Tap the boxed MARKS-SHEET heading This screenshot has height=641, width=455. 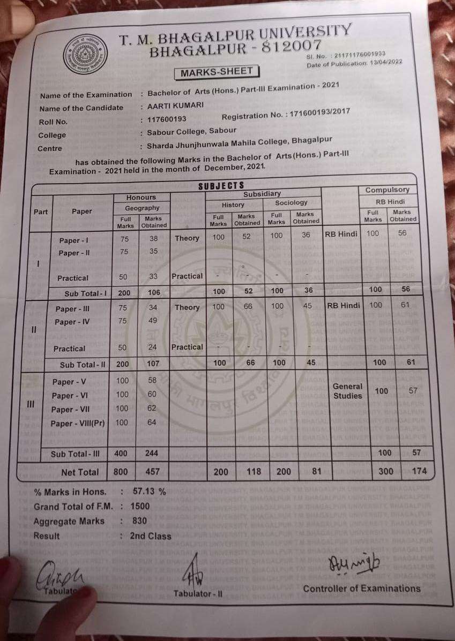pyautogui.click(x=217, y=72)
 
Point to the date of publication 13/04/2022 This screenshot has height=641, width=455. pyautogui.click(x=382, y=63)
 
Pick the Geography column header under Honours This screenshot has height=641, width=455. pyautogui.click(x=142, y=208)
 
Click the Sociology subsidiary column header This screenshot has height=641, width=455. pyautogui.click(x=291, y=203)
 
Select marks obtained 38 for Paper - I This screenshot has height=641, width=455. pyautogui.click(x=154, y=239)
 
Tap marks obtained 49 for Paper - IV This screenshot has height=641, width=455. pyautogui.click(x=153, y=321)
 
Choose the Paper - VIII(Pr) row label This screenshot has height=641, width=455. pyautogui.click(x=78, y=423)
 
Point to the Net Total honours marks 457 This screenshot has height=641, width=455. pyautogui.click(x=153, y=472)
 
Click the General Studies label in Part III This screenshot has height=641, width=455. pyautogui.click(x=348, y=391)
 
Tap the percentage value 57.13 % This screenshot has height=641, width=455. pyautogui.click(x=147, y=492)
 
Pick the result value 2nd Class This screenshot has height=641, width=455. pyautogui.click(x=151, y=536)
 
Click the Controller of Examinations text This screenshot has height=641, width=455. pyautogui.click(x=362, y=589)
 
